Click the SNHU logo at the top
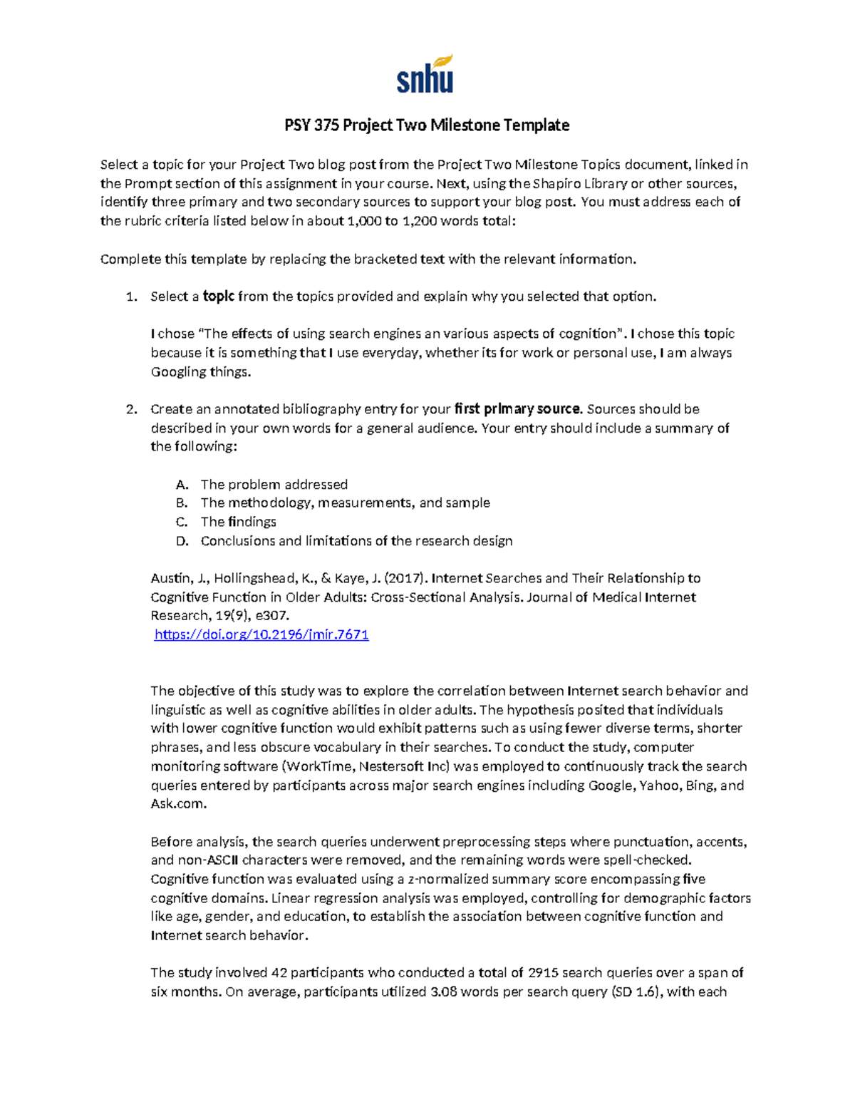coord(425,76)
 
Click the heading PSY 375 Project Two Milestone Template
coord(427,125)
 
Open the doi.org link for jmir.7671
coord(261,634)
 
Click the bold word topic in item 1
coord(219,297)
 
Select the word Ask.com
coord(178,804)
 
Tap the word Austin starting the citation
coord(171,578)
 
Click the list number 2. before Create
coord(131,409)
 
